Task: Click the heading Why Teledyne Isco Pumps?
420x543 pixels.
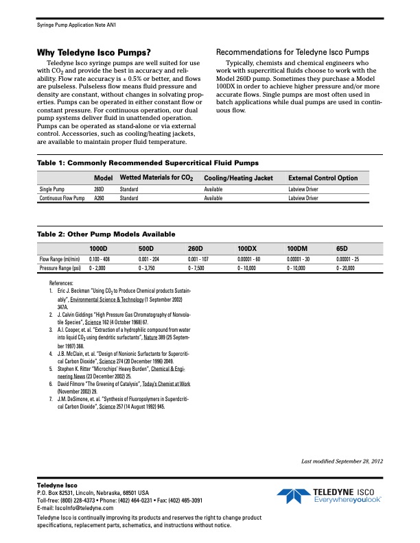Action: point(93,53)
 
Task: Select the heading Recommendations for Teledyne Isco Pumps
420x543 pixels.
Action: point(292,53)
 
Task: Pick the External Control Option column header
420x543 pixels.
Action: point(323,178)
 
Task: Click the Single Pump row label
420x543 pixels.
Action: point(53,189)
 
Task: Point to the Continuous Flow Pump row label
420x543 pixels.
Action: point(61,198)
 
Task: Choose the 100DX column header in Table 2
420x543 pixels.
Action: point(246,248)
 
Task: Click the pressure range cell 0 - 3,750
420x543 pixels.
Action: point(150,268)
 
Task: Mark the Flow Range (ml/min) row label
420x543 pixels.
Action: point(59,259)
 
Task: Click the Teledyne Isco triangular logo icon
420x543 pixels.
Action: point(292,495)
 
